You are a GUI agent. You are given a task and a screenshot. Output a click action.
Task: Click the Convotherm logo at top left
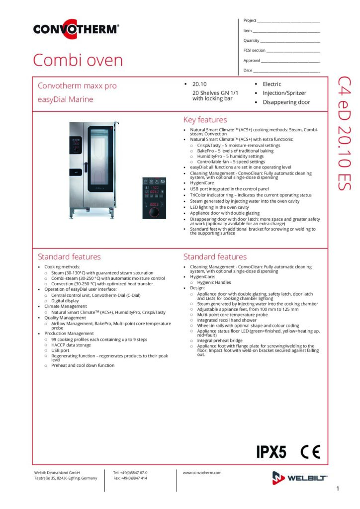pos(76,29)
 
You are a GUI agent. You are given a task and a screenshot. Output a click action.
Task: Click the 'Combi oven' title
pos(78,60)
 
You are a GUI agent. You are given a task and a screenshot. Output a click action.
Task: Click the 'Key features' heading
pos(205,120)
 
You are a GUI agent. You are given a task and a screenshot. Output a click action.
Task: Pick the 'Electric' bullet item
pos(271,84)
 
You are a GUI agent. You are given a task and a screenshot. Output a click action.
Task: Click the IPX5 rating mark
pos(271,452)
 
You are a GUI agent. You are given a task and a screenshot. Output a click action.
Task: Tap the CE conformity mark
pos(310,452)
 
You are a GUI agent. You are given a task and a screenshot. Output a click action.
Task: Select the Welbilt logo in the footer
pos(299,478)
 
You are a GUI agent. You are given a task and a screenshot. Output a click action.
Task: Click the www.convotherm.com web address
pos(202,473)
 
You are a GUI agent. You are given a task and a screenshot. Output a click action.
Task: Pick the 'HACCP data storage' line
pos(71,345)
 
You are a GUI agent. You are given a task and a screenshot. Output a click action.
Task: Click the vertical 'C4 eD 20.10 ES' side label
pos(344,133)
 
